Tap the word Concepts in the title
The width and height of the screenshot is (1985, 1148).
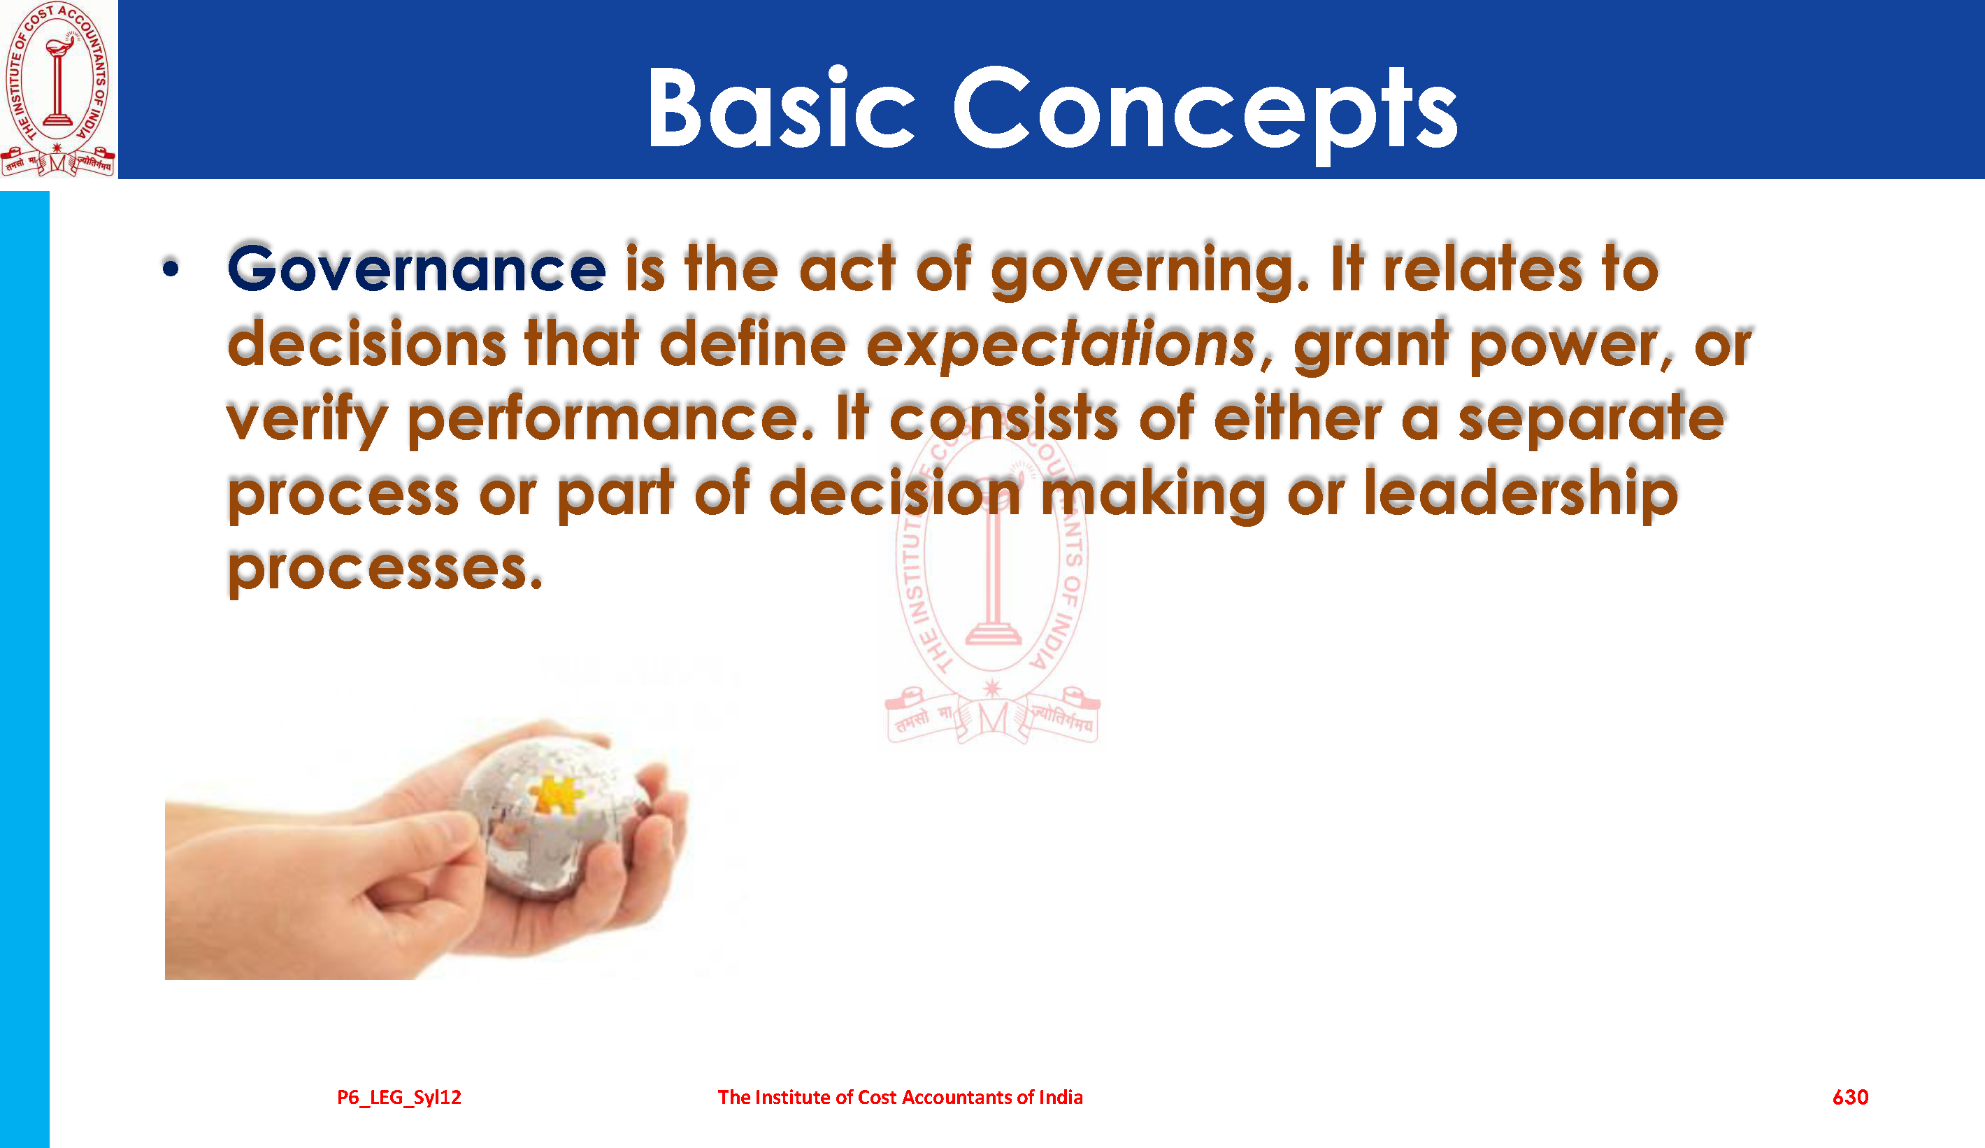point(1205,114)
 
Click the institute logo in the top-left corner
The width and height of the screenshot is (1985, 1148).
point(57,88)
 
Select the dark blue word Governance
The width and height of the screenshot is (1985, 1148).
point(417,269)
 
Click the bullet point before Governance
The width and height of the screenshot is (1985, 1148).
point(171,269)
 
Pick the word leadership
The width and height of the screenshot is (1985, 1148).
point(1521,492)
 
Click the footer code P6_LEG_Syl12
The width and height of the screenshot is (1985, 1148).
point(399,1098)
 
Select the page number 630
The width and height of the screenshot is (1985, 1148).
point(1850,1097)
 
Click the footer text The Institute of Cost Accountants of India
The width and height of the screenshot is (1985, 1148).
point(901,1097)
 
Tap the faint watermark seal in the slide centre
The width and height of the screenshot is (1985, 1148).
point(993,583)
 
